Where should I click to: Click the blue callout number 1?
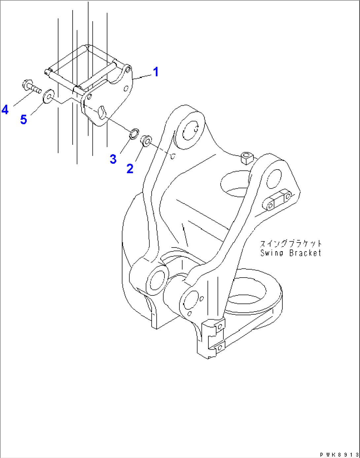pos(156,72)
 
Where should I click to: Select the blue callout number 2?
pos(130,169)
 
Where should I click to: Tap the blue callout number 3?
pos(113,159)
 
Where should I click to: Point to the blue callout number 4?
pos(5,109)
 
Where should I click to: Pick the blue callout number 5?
pos(23,119)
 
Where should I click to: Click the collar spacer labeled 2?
pos(146,140)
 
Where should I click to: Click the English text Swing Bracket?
pos(290,253)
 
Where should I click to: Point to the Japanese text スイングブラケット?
pos(290,244)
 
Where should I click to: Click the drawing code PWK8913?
pos(339,455)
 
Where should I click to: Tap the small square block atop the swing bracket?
pos(246,158)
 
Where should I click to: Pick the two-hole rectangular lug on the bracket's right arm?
pos(279,200)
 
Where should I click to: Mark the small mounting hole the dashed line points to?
pos(172,156)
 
